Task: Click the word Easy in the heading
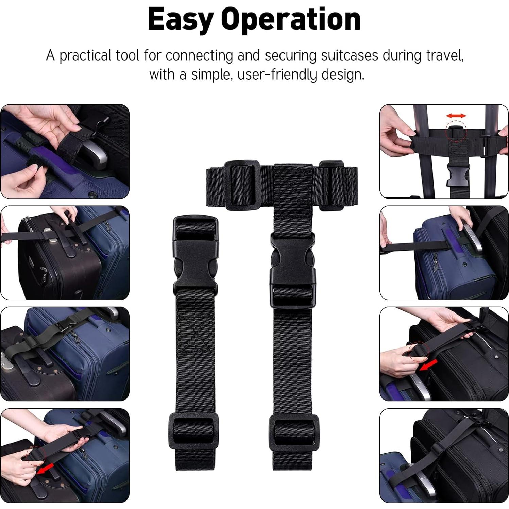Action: click(x=180, y=20)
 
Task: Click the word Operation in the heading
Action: click(x=291, y=20)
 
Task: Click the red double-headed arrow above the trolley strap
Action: click(x=456, y=116)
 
